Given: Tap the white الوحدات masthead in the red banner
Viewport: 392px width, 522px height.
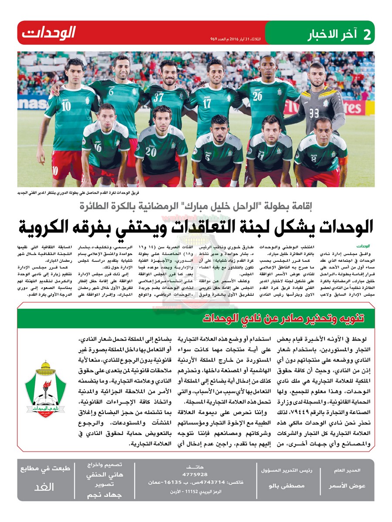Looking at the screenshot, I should pyautogui.click(x=49, y=33).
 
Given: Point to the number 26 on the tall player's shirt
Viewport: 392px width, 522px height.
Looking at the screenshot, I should pyautogui.click(x=257, y=96).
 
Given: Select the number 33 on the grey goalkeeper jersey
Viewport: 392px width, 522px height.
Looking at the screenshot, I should pyautogui.click(x=314, y=114).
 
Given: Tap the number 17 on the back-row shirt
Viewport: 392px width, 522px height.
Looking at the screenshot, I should pyautogui.click(x=207, y=104).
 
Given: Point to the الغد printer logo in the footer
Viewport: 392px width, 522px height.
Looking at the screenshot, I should pyautogui.click(x=44, y=487).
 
